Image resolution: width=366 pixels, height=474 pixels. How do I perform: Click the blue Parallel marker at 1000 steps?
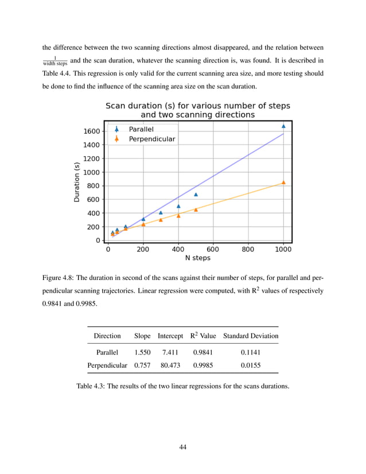283,126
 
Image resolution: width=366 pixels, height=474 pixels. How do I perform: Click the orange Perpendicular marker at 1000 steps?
283,182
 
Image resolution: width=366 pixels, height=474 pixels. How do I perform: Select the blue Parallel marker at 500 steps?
196,195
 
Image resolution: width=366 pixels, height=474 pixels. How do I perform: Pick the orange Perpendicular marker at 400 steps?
178,216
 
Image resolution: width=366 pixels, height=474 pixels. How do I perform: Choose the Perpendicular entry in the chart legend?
151,139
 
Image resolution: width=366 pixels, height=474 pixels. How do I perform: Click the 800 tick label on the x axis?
248,250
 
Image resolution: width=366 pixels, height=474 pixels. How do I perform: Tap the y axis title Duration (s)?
77,181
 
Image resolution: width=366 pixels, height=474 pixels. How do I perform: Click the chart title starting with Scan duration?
198,110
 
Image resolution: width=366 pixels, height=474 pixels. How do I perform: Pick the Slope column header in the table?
142,336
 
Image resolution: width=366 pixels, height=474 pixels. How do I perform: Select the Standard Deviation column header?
251,336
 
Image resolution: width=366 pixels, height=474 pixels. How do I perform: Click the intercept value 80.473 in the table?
170,365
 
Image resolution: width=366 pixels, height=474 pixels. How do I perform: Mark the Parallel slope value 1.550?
142,353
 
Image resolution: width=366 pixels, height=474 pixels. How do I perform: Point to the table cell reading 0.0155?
251,365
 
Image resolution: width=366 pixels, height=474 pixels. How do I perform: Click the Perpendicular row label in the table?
107,365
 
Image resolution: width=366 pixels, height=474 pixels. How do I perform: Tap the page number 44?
183,447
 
